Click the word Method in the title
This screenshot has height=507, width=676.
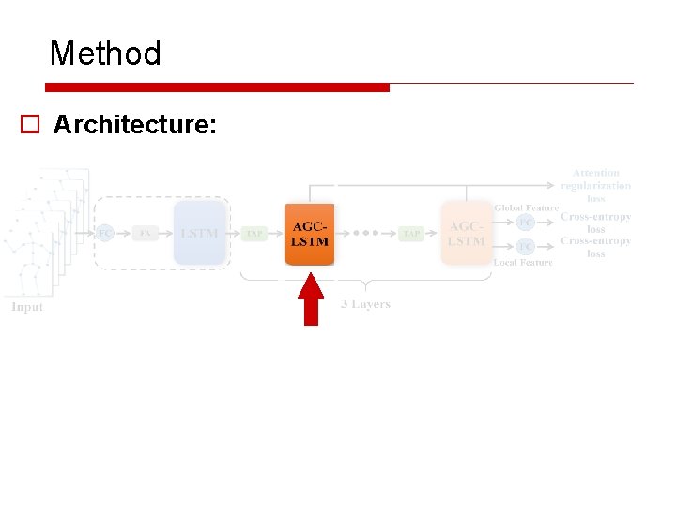[x=105, y=54]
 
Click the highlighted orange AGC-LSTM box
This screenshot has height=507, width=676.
[x=310, y=234]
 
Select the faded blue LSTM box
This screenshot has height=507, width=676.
[x=199, y=233]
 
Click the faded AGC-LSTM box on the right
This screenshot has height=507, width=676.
[x=467, y=234]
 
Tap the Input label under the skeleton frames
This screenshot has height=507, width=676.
[x=27, y=307]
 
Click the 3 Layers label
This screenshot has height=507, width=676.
[x=365, y=304]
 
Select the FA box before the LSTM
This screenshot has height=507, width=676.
[x=146, y=233]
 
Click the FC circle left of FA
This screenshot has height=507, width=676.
[x=105, y=233]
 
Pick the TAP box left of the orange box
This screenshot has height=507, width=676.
[x=254, y=234]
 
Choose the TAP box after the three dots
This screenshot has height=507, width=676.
[x=411, y=234]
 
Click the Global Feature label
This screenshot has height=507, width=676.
[x=526, y=207]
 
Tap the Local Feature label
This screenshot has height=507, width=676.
[x=523, y=263]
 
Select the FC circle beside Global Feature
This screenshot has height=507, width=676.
[x=526, y=223]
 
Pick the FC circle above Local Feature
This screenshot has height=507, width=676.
[x=526, y=247]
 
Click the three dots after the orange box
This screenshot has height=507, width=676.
[x=366, y=234]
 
